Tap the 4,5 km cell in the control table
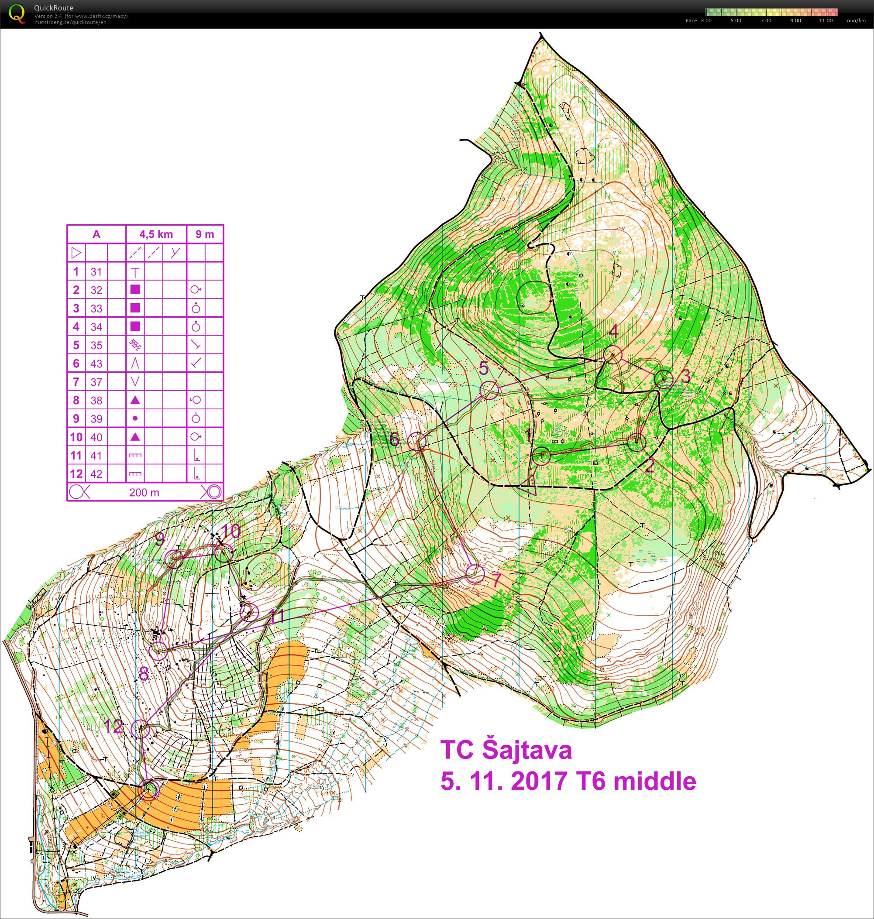tap(156, 234)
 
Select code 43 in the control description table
tap(96, 364)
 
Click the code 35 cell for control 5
tap(96, 345)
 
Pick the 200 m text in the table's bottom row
tap(144, 492)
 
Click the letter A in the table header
tap(96, 234)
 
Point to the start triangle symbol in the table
tap(76, 253)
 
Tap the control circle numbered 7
tap(475, 574)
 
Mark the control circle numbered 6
tap(417, 441)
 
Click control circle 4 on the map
tap(613, 354)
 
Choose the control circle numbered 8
tap(158, 650)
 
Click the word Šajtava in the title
tap(526, 751)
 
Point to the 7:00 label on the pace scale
tap(765, 21)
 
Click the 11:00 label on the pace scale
tap(826, 21)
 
